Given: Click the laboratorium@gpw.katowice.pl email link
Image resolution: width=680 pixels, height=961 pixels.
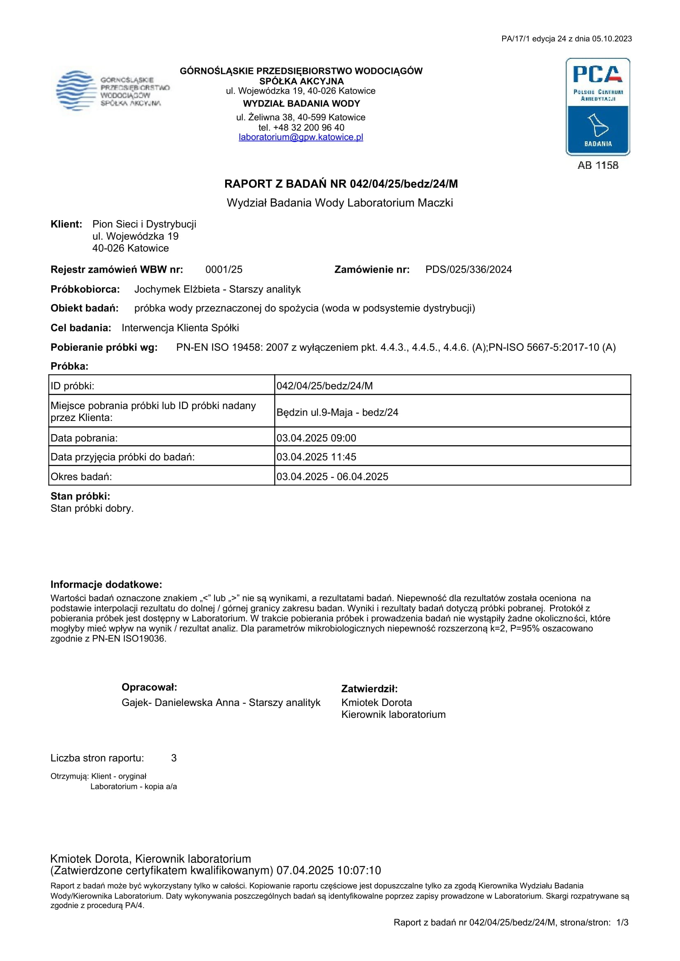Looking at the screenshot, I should (301, 137).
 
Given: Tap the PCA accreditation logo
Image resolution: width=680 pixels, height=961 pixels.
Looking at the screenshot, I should (597, 107).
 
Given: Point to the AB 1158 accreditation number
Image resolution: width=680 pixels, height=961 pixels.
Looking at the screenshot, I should (597, 166).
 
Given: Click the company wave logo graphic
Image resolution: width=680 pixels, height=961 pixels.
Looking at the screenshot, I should (75, 90).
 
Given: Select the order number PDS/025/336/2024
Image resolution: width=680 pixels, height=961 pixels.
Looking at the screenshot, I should (468, 269).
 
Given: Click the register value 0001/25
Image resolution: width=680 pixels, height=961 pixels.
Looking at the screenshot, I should (224, 269).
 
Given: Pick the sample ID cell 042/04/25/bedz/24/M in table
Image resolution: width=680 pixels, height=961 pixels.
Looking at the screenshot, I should (325, 386).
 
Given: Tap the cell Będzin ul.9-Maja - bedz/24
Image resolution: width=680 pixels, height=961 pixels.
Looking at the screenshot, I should (337, 412).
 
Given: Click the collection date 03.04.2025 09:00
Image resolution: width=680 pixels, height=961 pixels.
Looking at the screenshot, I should (316, 438).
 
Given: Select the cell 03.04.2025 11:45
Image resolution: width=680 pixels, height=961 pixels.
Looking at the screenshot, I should (316, 457).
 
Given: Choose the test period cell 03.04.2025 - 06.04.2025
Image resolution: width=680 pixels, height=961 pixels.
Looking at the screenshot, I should (332, 477).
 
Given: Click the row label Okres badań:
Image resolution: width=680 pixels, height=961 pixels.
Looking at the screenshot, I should (81, 477).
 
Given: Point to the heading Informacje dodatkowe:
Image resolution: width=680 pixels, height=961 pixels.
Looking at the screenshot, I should (106, 584).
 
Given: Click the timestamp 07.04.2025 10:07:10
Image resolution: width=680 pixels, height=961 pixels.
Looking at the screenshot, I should (329, 871).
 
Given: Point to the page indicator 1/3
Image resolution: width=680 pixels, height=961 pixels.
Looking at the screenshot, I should (622, 922).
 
